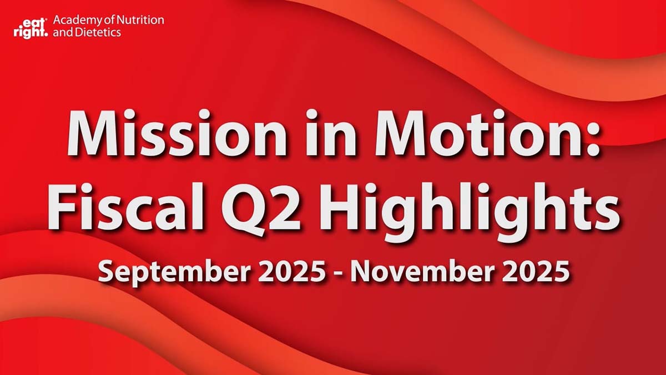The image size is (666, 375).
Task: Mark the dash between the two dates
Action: [339, 274]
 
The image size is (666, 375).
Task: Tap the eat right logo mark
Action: [31, 27]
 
